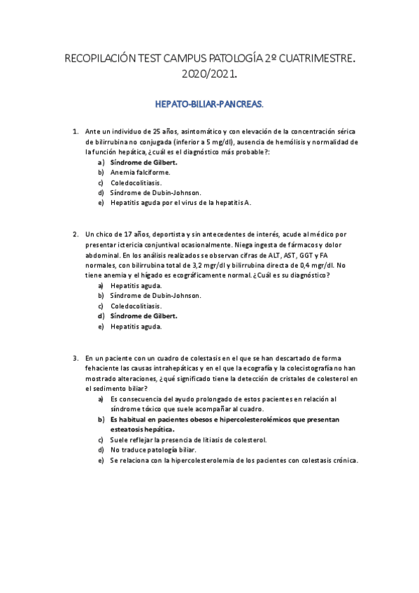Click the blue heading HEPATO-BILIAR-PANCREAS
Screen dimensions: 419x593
click(209, 104)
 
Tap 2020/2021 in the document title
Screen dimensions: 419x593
click(209, 73)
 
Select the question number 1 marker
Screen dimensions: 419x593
click(76, 131)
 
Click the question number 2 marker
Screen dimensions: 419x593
click(76, 234)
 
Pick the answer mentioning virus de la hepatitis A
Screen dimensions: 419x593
click(180, 203)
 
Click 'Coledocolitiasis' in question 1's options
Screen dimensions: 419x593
click(136, 183)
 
